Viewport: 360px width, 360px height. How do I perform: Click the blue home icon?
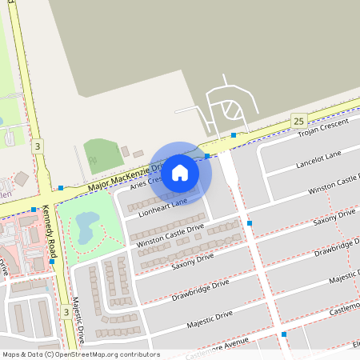pos(180,172)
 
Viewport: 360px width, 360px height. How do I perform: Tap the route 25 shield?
pos(299,120)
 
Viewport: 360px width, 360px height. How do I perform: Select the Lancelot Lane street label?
pos(318,158)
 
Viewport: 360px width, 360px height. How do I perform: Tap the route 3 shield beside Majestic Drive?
pos(66,312)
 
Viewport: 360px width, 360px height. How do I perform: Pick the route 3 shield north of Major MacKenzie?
pos(38,146)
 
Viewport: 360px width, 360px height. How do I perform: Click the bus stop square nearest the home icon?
pos(206,155)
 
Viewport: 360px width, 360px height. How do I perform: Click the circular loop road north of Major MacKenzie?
pos(230,109)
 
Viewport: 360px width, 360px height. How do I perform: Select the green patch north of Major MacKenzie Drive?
pos(103,154)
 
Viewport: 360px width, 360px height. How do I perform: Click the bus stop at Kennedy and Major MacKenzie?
pos(60,187)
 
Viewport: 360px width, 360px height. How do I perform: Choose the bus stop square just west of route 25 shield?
pos(234,134)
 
